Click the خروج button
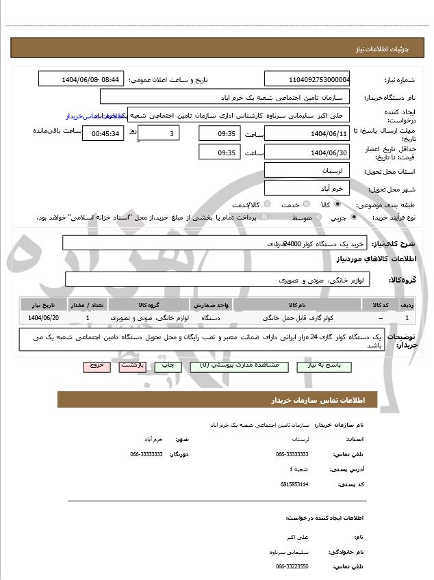click(97, 366)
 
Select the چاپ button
click(168, 366)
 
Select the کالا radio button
click(337, 205)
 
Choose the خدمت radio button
click(305, 205)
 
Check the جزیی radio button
click(354, 217)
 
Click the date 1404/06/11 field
click(307, 133)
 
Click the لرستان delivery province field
click(307, 170)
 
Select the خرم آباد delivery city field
click(307, 187)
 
